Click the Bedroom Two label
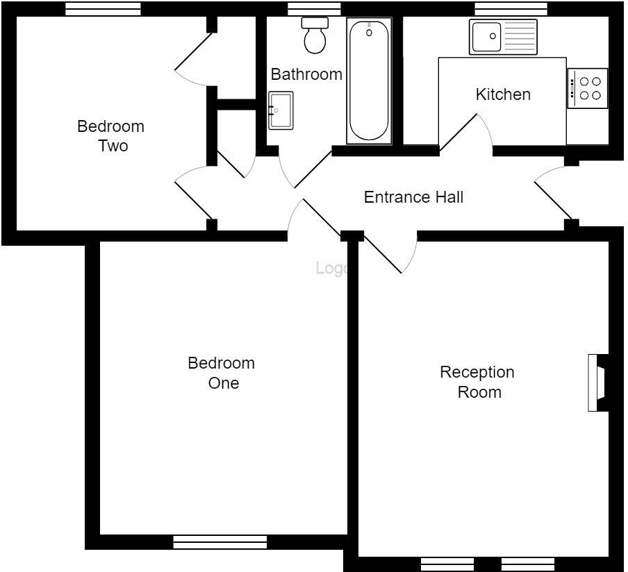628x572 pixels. coord(110,136)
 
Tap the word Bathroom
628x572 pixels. coord(306,74)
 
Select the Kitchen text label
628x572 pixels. coord(503,94)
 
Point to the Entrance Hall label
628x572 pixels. coord(413,197)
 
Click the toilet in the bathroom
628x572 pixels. coord(315,36)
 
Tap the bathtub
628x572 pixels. coord(369,81)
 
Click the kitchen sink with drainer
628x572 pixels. coord(503,37)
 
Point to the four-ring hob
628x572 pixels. coord(588,88)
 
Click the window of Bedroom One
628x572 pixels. coord(220,541)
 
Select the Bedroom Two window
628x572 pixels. coord(103,9)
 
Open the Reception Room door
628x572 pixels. coord(389,253)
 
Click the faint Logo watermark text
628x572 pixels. coord(331,268)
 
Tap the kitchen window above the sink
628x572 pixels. coord(511,9)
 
